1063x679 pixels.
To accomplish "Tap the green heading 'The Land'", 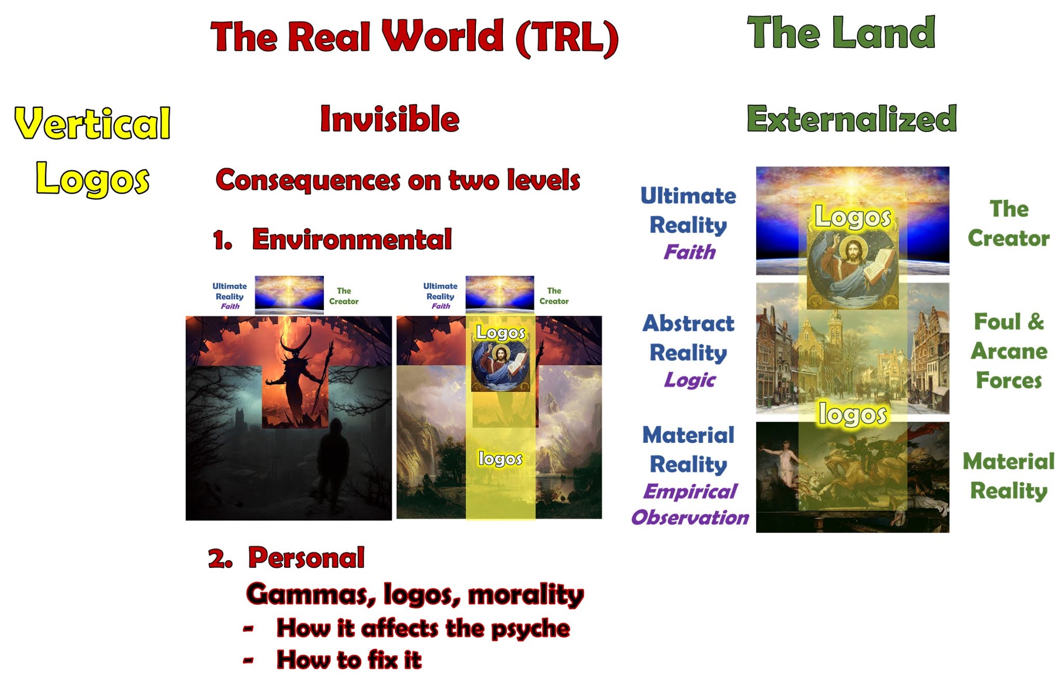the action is (841, 32).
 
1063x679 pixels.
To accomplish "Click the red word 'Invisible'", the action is (390, 119).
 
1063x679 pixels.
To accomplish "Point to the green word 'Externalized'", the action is (851, 119).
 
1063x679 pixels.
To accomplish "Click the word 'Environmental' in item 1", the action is (352, 239).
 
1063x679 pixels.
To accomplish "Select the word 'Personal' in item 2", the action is (306, 558).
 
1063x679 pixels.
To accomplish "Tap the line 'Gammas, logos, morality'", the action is (415, 594).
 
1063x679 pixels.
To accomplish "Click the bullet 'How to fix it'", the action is (349, 660).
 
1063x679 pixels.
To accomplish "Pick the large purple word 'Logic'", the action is (689, 380).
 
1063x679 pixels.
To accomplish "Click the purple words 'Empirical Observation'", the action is (690, 504).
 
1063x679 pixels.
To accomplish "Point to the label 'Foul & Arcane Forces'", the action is (1009, 351).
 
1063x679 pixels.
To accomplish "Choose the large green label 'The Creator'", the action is (1009, 224).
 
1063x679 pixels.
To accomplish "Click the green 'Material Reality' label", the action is (1009, 476).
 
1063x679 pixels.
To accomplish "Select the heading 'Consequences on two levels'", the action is (398, 180).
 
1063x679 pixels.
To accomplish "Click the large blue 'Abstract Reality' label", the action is (688, 338).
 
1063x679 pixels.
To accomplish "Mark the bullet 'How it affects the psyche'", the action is (423, 628).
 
